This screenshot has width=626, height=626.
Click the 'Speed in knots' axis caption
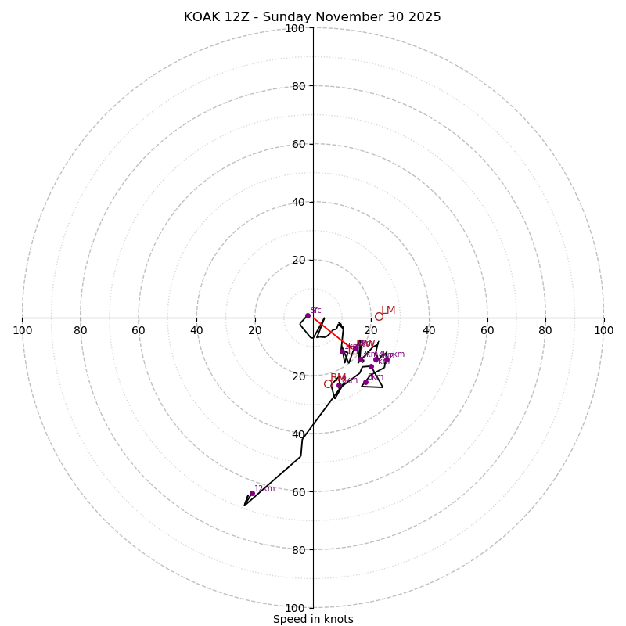pyautogui.click(x=313, y=619)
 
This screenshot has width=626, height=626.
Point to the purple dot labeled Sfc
pyautogui.click(x=308, y=316)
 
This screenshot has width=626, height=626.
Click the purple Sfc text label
pyautogui.click(x=316, y=311)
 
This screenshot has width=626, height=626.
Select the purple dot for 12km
pyautogui.click(x=252, y=494)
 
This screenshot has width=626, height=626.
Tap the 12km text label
pyautogui.click(x=264, y=488)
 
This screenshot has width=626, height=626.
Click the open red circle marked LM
pyautogui.click(x=379, y=316)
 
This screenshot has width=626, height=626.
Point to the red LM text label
pyautogui.click(x=388, y=311)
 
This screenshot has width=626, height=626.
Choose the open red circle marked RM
pyautogui.click(x=329, y=383)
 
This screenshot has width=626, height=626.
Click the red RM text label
pyautogui.click(x=338, y=378)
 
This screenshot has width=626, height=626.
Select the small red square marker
pyautogui.click(x=354, y=351)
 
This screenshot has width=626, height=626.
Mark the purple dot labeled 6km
pyautogui.click(x=365, y=382)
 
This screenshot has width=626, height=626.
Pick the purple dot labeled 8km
pyautogui.click(x=339, y=385)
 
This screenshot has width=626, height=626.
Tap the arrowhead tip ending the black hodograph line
pyautogui.click(x=244, y=505)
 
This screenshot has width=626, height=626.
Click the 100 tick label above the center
pyautogui.click(x=295, y=29)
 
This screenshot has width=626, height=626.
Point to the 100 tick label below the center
pyautogui.click(x=295, y=608)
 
